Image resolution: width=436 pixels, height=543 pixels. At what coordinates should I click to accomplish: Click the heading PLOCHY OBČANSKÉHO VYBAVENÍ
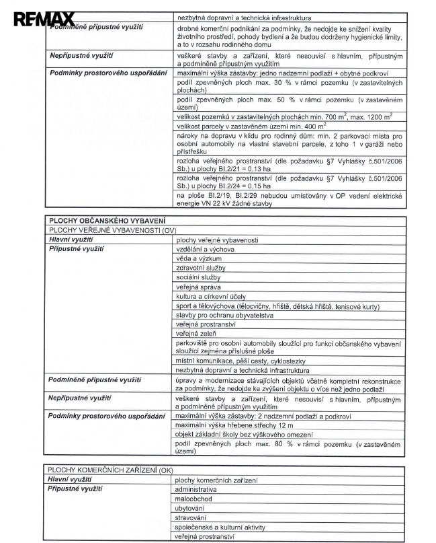[98, 220]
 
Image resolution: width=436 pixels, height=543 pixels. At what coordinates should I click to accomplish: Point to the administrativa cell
[195, 489]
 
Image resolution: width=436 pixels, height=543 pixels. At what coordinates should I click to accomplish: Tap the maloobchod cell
[193, 499]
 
